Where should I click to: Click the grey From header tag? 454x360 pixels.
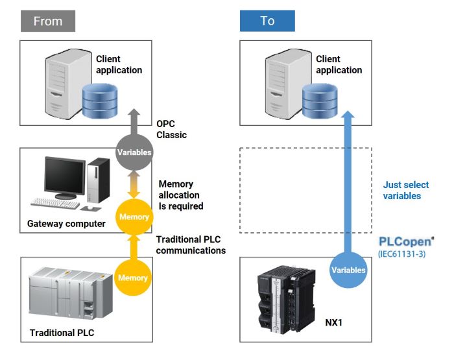(x=47, y=21)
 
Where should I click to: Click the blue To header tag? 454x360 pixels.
(x=267, y=21)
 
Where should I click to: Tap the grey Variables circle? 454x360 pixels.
(x=134, y=152)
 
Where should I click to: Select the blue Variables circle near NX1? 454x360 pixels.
(x=348, y=270)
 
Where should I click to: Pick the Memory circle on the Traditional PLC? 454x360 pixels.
(x=132, y=278)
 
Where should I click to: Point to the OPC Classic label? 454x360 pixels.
(x=171, y=129)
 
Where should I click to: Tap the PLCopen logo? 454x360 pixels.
(x=405, y=242)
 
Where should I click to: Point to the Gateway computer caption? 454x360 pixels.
(x=66, y=224)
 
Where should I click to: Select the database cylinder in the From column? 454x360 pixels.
(x=99, y=100)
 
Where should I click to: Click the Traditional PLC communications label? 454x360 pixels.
(x=191, y=245)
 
